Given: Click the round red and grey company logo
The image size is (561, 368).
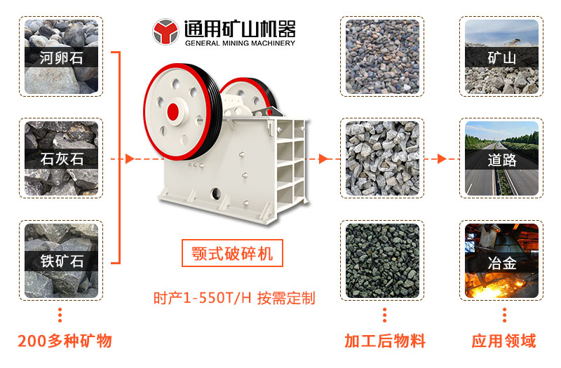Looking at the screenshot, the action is coord(165,32).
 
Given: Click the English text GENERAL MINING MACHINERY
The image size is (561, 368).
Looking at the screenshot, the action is coord(240,43).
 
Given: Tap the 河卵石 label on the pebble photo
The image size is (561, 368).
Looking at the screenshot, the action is coord(61,57).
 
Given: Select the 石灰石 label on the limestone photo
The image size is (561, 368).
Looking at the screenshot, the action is coord(62,159).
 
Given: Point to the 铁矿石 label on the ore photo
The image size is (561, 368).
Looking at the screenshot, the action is coord(62,261).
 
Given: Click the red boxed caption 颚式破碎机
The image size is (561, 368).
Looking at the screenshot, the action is coord(232,253).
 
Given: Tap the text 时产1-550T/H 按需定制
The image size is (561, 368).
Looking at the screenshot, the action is coord(234,298).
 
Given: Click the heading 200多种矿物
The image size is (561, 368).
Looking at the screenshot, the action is coord(65,341).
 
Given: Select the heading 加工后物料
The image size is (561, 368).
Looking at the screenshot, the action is coord(385,341).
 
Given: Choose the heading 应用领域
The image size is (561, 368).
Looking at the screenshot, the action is coord(503,341).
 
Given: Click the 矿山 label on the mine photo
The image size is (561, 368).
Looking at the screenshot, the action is coord(501,57).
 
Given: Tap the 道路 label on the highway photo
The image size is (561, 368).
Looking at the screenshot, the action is coord(501,160).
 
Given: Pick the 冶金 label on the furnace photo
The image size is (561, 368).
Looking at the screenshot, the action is coord(501,264).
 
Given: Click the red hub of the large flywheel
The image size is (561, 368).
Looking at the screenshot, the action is coord(173,112).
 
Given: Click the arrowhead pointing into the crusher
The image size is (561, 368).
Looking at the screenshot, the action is coord(130,158).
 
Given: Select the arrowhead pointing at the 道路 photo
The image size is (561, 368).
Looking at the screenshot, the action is coord(442,158).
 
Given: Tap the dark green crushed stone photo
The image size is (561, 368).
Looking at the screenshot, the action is coord(382,260).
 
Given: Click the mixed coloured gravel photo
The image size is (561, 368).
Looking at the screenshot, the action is coord(382,57).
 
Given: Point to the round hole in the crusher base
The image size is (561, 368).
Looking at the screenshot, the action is coord(216,193).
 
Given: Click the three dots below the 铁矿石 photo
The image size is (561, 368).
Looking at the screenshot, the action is coord(60,315).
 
